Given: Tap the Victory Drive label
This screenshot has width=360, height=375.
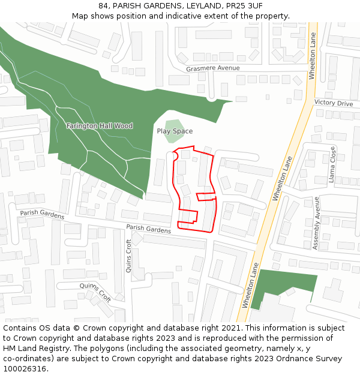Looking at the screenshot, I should click(x=334, y=103).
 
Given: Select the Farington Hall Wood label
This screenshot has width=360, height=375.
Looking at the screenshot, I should click(x=100, y=126).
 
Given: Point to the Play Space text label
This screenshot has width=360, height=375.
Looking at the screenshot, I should click(x=175, y=131).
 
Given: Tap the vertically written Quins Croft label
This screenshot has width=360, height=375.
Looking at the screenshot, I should click(x=128, y=256).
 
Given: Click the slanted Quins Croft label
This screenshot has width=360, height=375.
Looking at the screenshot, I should click(x=95, y=292).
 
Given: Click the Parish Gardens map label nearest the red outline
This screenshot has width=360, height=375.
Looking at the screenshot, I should click(x=148, y=229).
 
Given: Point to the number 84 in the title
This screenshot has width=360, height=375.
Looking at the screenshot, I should click(x=104, y=5).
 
